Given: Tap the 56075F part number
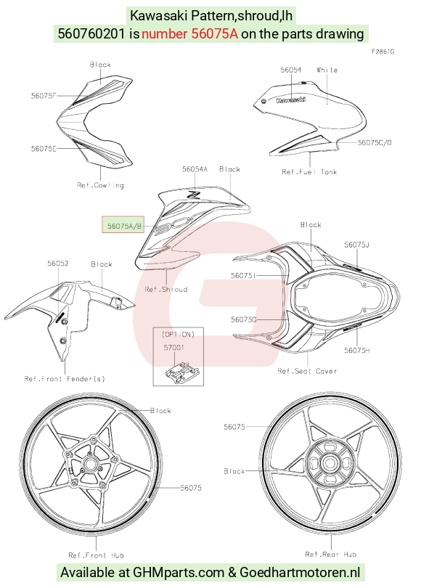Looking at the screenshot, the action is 44,96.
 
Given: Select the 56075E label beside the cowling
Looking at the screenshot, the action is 44,149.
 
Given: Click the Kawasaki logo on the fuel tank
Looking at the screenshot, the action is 290,99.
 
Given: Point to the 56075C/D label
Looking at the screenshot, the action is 375,142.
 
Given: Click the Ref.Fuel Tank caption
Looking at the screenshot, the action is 309,172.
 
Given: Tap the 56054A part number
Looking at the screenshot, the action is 195,169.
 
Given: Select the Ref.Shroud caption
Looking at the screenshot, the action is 166,289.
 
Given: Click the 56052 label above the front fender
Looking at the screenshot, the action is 58,264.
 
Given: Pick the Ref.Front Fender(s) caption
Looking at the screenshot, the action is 65,379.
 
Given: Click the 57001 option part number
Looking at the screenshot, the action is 174,348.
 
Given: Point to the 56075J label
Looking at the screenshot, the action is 357,245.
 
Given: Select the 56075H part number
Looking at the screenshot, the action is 357,350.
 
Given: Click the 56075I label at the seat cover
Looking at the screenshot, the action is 243,276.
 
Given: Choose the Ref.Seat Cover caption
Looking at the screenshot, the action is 307,371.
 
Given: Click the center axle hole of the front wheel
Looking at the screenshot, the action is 90,465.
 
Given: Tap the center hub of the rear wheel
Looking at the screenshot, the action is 330,463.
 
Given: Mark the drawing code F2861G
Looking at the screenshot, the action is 383,52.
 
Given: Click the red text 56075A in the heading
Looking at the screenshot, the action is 215,33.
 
